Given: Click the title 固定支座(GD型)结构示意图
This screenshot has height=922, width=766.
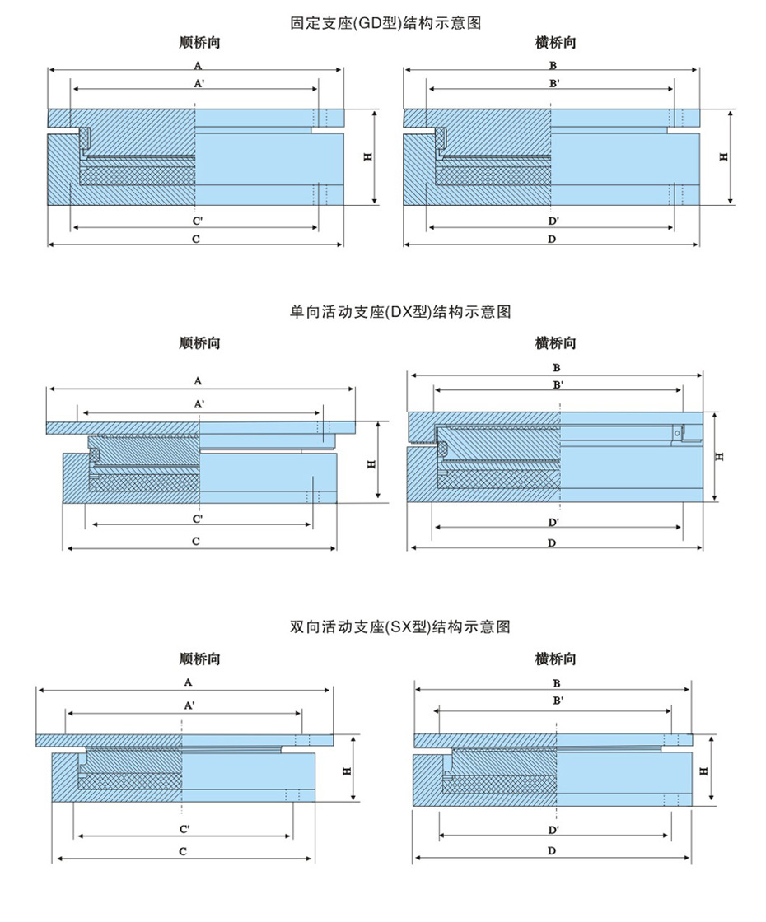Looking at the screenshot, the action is click(x=386, y=23).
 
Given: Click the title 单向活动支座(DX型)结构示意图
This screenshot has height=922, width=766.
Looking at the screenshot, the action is click(x=400, y=312).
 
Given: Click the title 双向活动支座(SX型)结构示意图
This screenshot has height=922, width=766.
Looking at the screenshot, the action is click(x=400, y=626).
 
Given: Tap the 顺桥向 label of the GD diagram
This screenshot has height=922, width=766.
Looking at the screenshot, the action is click(x=199, y=43).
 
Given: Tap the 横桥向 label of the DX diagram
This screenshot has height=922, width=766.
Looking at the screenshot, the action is click(x=555, y=342).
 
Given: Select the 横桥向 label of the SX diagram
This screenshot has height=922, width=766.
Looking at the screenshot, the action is click(x=555, y=659).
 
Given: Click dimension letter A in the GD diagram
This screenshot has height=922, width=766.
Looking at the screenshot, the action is click(x=198, y=65).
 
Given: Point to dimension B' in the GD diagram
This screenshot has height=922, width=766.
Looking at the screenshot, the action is click(x=554, y=83).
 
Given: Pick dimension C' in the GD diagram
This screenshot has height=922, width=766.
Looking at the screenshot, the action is click(x=198, y=221).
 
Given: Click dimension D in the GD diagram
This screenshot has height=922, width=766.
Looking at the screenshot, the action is click(x=552, y=240).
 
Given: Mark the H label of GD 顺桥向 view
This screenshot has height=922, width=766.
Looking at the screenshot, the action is click(x=367, y=157).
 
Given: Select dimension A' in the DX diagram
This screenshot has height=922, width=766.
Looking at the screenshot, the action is click(x=199, y=404).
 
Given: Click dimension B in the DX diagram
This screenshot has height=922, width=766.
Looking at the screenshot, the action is click(x=557, y=368).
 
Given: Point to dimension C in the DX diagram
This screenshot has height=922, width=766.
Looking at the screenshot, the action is click(x=196, y=542).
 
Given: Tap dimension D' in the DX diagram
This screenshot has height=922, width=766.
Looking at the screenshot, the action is click(x=553, y=522).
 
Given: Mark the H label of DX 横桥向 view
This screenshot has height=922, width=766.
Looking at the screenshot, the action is click(x=719, y=456).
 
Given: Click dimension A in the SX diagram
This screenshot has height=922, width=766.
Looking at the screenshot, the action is click(x=189, y=682).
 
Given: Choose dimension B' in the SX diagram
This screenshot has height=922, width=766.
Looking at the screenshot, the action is click(x=558, y=701).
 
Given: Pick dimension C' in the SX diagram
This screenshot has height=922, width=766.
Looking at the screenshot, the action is click(x=184, y=830).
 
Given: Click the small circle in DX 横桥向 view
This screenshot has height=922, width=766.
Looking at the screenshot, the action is click(x=677, y=433).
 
